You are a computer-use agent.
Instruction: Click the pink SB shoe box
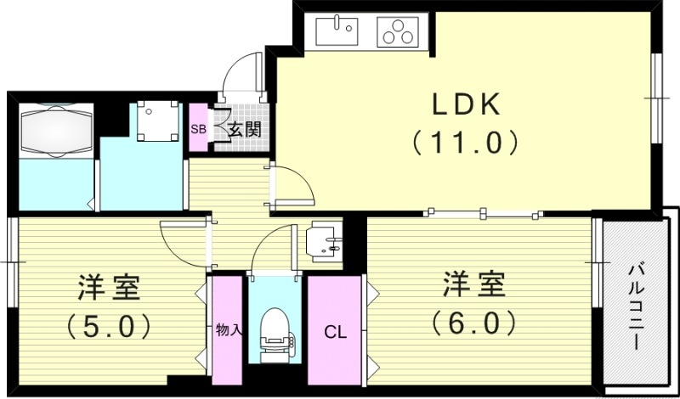[x=197, y=129]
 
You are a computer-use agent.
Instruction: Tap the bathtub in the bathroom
[x=54, y=130]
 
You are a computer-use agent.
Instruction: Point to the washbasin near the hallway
[x=326, y=240]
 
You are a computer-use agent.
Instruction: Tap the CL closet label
[x=335, y=333]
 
